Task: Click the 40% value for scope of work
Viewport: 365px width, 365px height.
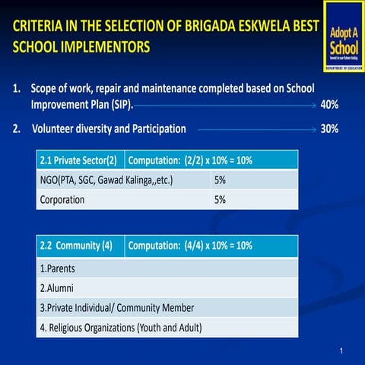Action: click(329, 105)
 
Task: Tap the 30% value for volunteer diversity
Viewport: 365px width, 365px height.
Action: click(329, 129)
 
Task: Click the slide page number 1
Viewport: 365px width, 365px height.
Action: click(343, 350)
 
